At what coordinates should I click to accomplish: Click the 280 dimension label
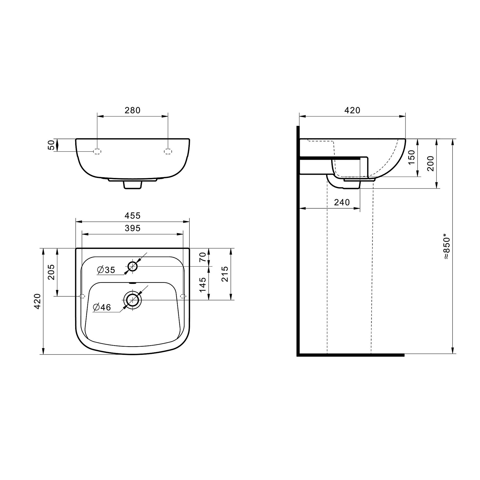coord(132,110)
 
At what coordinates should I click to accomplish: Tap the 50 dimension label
coord(51,145)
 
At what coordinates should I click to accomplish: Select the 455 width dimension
coord(132,216)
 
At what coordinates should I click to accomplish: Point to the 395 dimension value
coord(132,228)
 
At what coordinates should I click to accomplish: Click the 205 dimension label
coord(51,272)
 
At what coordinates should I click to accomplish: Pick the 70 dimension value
coord(203,257)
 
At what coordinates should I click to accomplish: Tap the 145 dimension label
coord(203,285)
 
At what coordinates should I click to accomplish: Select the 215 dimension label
coord(225,274)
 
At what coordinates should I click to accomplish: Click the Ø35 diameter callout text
coord(106,270)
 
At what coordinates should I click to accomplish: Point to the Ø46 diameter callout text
coord(102,308)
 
